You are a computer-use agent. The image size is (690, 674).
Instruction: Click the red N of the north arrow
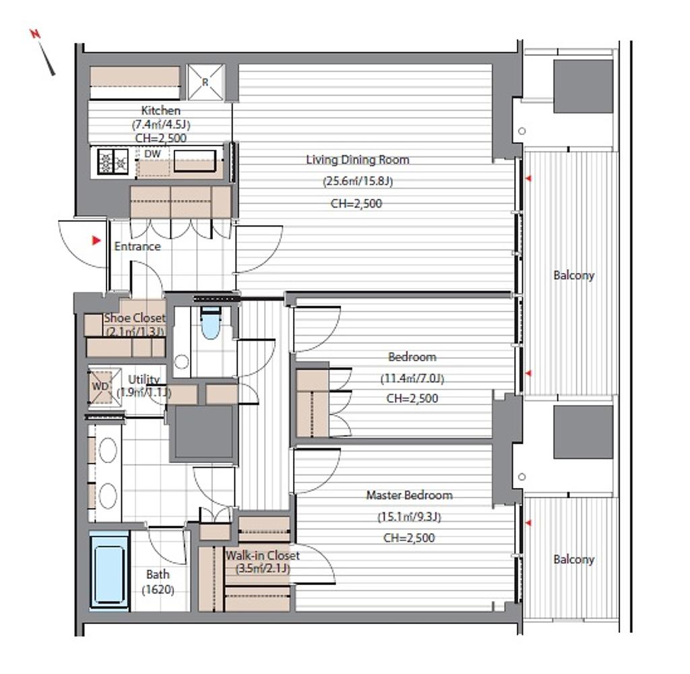[x=35, y=34]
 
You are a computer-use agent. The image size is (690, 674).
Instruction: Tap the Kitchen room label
[x=160, y=111]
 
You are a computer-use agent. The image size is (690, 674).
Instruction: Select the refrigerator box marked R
[x=206, y=82]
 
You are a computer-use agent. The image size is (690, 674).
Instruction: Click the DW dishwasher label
[x=153, y=154]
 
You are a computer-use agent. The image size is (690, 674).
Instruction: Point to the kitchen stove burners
[x=113, y=161]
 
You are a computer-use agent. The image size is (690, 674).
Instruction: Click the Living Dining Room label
[x=357, y=159]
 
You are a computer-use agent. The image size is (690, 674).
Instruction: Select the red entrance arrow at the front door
[x=96, y=241]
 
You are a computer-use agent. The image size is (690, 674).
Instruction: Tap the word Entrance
[x=137, y=246]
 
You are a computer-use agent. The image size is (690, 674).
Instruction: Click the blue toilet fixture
[x=211, y=323]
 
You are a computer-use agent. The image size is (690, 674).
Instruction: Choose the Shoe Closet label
[x=135, y=318]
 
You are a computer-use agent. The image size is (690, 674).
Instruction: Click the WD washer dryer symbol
[x=100, y=386]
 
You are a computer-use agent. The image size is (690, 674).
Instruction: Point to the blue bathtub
[x=109, y=571]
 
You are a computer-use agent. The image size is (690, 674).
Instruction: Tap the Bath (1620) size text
[x=158, y=582]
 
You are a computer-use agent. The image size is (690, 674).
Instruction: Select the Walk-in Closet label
[x=263, y=555]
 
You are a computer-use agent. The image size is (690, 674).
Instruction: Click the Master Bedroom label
[x=409, y=495]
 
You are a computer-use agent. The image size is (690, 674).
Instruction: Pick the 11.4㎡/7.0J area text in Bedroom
[x=412, y=378]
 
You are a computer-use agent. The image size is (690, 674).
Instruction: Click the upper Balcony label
[x=574, y=276]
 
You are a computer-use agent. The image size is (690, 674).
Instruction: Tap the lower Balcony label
[x=574, y=559]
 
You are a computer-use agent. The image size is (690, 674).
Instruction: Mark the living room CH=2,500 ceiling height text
[x=356, y=204]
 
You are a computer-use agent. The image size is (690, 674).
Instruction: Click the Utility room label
[x=144, y=379]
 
